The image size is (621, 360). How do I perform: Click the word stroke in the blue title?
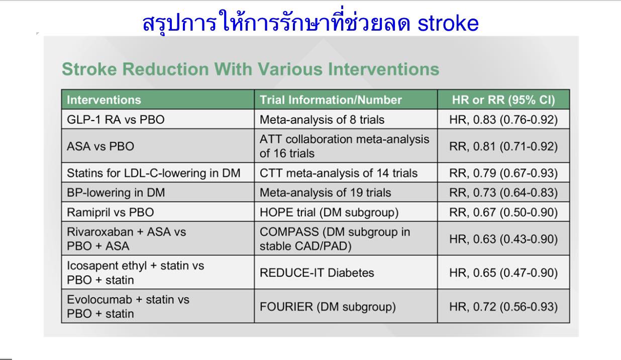pyautogui.click(x=448, y=23)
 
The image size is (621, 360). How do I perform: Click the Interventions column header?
pyautogui.click(x=104, y=100)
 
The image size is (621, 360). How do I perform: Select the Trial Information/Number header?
pyautogui.click(x=331, y=100)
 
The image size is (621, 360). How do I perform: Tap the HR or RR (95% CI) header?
pyautogui.click(x=503, y=100)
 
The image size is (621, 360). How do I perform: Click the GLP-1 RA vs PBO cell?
pyautogui.click(x=116, y=119)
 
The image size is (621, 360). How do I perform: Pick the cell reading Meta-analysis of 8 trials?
pyautogui.click(x=322, y=119)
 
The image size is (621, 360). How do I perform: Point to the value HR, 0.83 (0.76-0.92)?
pyautogui.click(x=503, y=119)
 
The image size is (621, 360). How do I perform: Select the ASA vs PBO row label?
pyautogui.click(x=100, y=146)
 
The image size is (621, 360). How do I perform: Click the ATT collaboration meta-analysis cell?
pyautogui.click(x=344, y=146)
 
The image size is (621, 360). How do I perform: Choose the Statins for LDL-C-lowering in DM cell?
pyautogui.click(x=154, y=173)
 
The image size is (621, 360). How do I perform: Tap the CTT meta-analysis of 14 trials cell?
pyautogui.click(x=339, y=173)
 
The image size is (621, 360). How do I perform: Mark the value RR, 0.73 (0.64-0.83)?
pyautogui.click(x=503, y=192)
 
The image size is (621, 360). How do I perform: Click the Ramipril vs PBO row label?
pyautogui.click(x=111, y=212)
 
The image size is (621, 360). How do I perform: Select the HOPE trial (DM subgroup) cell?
pyautogui.click(x=329, y=212)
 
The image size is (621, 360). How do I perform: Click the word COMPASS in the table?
pyautogui.click(x=289, y=231)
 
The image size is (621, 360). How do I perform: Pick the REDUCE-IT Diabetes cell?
pyautogui.click(x=317, y=273)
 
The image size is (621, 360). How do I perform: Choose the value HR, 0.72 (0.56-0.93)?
pyautogui.click(x=503, y=306)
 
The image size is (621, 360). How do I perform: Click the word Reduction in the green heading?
pyautogui.click(x=165, y=69)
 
